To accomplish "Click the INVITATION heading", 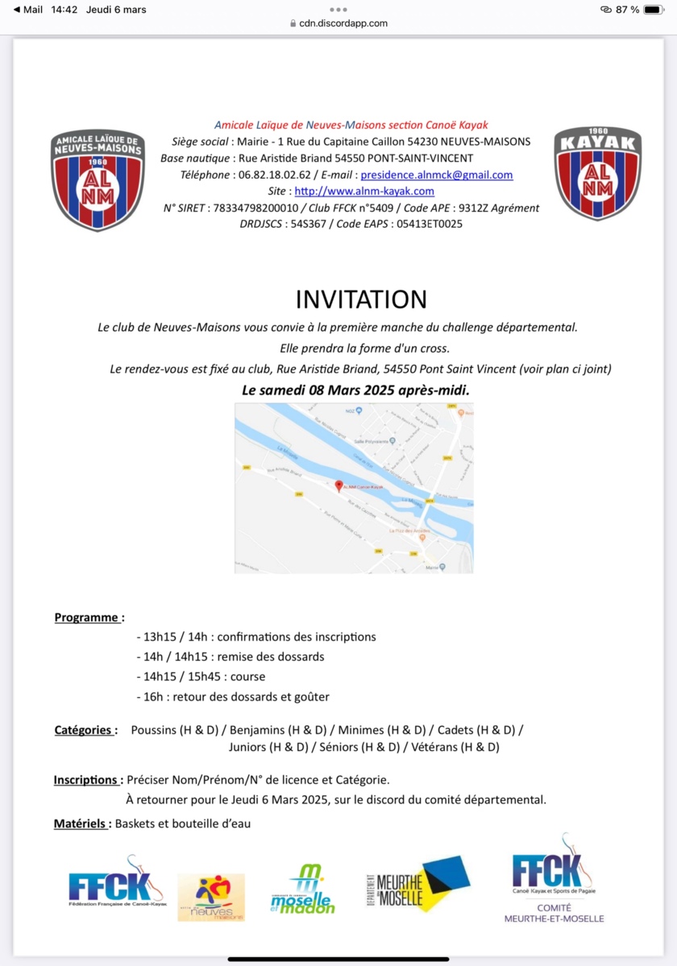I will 360,299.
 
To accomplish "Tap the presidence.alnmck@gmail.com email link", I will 436,175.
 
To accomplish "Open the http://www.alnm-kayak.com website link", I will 364,191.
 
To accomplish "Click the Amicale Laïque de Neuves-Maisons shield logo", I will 98,180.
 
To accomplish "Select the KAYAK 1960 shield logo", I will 597,172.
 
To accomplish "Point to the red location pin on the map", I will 338,486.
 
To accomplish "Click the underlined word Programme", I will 87,617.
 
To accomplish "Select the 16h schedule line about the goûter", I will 233,696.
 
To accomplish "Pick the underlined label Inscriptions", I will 86,780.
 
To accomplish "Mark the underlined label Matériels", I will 81,824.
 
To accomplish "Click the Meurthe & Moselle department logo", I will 417,885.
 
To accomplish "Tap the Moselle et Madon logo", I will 302,889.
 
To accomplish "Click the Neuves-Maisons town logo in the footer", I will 211,897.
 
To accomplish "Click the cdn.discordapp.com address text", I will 343,23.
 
